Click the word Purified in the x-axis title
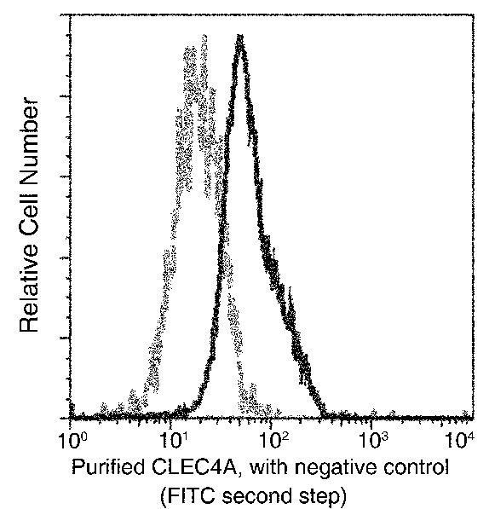pyautogui.click(x=103, y=469)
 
